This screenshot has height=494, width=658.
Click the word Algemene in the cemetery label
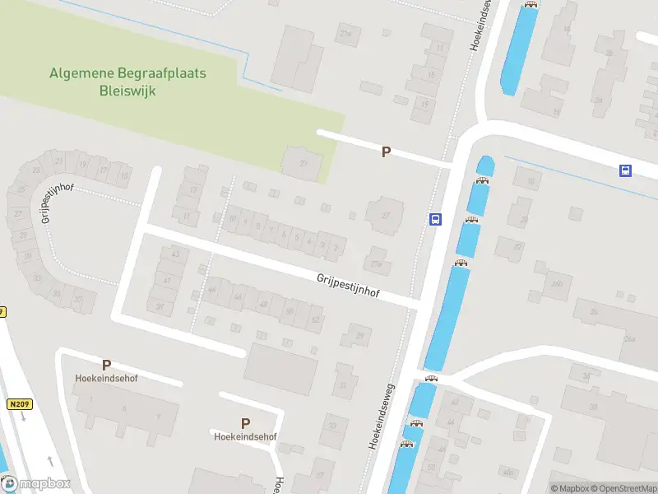click(80, 73)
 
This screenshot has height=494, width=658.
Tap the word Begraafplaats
click(159, 73)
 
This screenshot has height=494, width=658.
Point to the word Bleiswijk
click(127, 90)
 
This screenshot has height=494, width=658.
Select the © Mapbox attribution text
click(568, 488)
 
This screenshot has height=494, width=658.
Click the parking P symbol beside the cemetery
click(385, 151)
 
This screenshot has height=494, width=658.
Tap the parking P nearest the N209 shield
click(106, 365)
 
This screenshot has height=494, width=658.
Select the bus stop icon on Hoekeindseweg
click(435, 219)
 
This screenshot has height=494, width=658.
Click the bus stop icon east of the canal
click(626, 170)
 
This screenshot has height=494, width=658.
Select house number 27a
click(378, 263)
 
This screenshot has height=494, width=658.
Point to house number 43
click(174, 254)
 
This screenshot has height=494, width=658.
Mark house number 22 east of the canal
click(517, 246)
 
